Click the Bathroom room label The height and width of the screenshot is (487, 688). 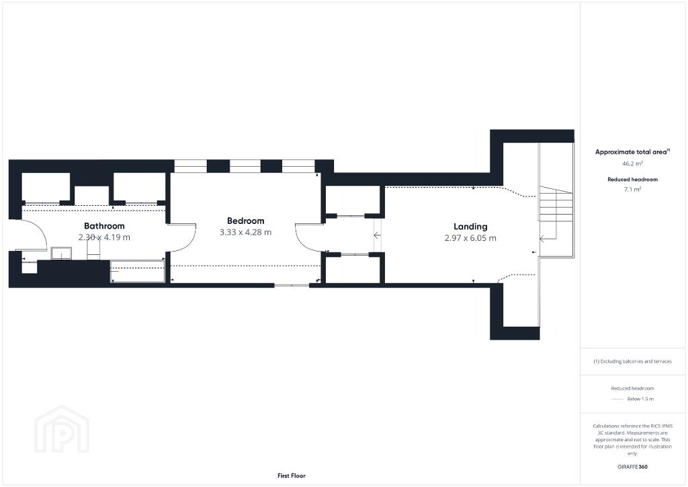pos(104,226)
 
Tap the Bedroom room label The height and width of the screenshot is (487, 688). pos(246,221)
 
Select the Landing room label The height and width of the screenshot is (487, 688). pos(470,227)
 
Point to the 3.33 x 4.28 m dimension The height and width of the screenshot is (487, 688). pos(246,232)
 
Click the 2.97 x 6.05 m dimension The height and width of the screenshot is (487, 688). pos(470,238)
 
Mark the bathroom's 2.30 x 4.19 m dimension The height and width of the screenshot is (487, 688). pos(104,237)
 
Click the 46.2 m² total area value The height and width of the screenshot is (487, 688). pos(632,163)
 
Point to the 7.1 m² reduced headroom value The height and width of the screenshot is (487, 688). pos(632,189)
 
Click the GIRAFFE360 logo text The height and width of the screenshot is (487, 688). pos(632,467)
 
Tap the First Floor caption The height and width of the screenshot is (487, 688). pos(292,476)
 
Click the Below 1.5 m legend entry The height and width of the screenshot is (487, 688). pos(640,399)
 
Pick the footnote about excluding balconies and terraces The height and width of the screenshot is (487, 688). pos(632,361)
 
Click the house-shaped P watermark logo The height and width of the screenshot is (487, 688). pos(62,429)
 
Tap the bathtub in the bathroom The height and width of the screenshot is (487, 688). pos(137,271)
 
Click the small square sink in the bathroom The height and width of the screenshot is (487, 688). pos(61,254)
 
